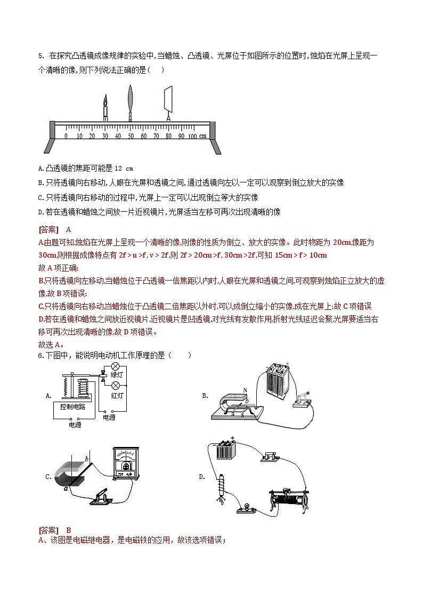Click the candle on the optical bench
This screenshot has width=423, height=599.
tap(105, 107)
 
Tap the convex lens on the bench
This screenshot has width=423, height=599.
tap(130, 101)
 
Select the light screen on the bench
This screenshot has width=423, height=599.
tap(169, 99)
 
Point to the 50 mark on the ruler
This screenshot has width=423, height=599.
tap(130, 137)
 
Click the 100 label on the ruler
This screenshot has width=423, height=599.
tap(192, 137)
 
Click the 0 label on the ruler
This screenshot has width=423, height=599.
tap(66, 137)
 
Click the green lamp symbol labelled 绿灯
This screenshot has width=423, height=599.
tap(115, 367)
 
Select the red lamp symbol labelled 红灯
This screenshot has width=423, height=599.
tap(115, 385)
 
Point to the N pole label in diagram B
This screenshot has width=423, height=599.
tap(245, 390)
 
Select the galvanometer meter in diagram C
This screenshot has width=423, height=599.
tap(127, 461)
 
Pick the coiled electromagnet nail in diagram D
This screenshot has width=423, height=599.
tap(218, 488)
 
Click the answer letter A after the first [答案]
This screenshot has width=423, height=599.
tap(69, 230)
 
